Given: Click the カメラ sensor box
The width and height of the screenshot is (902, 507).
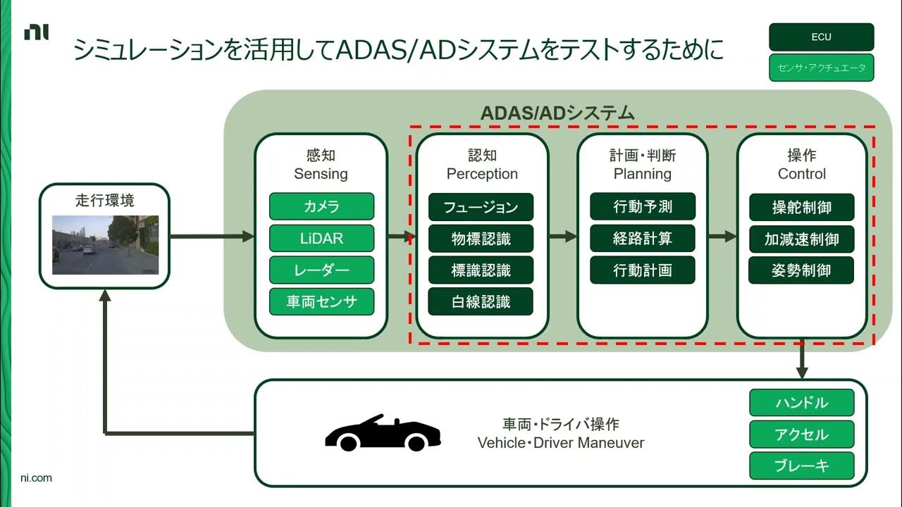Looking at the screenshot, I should (x=321, y=206).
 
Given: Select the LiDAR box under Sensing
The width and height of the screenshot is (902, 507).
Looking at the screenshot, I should (x=321, y=238).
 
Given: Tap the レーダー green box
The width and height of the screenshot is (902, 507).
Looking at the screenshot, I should (x=321, y=270).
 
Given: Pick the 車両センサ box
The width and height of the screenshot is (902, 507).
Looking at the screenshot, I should (x=321, y=302).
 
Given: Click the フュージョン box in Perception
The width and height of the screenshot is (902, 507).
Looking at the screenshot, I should (x=481, y=207).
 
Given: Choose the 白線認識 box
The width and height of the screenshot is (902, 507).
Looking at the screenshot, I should (x=481, y=302).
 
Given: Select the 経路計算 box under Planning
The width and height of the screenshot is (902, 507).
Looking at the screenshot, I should (x=642, y=239).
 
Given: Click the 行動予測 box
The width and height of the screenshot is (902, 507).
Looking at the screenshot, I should (x=642, y=206).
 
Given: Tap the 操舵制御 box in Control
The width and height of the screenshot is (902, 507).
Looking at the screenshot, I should (x=801, y=207).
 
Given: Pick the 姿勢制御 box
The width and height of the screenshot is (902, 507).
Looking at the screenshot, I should (x=801, y=270).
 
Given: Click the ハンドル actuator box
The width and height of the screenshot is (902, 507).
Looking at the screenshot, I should (x=801, y=403).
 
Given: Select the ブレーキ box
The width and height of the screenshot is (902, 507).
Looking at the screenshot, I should (x=801, y=465).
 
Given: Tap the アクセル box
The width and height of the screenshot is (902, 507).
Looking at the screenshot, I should (x=801, y=434).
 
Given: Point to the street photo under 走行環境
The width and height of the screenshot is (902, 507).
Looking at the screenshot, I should (x=105, y=244).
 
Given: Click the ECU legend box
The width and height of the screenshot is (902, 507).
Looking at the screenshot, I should (x=821, y=37).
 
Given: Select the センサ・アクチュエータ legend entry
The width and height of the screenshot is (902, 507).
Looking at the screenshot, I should (x=821, y=68).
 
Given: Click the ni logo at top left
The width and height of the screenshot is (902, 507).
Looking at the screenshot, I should (x=37, y=32).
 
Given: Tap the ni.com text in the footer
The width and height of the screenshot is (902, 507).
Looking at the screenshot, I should (x=36, y=478).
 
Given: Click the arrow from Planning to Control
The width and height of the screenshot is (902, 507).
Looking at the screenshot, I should (x=722, y=237).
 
